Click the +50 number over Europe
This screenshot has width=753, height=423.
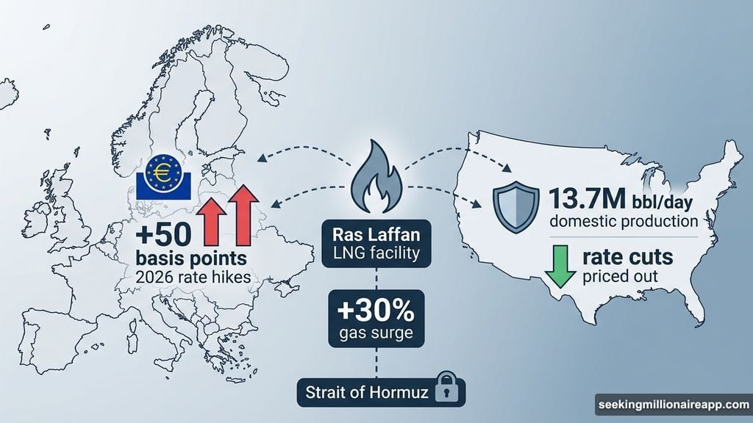tap(165, 236)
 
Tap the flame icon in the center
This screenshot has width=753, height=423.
tap(376, 181)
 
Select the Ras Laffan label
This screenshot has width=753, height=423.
tap(376, 236)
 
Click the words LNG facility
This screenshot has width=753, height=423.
tap(376, 255)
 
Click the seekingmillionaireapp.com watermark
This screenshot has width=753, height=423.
tap(672, 405)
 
